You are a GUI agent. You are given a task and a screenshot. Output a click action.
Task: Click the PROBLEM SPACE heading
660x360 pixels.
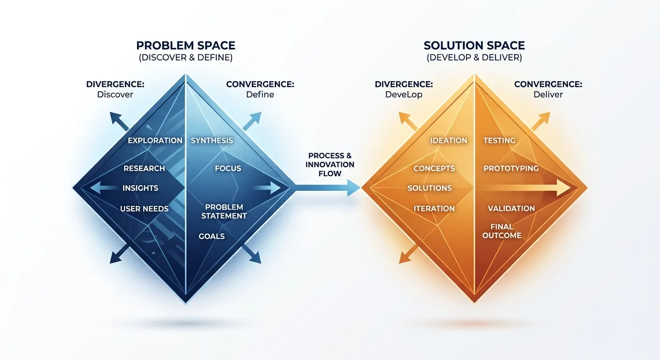point(186,45)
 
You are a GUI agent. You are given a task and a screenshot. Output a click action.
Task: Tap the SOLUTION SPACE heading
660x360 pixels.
point(474,45)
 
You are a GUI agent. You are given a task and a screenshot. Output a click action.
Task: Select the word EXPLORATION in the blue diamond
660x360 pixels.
point(155,140)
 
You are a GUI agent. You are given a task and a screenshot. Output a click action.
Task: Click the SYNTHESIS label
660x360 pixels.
point(211,140)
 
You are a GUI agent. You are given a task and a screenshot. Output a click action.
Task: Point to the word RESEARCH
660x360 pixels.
point(144,168)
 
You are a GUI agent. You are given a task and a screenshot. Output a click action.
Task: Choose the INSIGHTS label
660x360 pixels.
point(140,188)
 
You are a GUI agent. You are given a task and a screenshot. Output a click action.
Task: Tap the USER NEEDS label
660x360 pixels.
point(144,209)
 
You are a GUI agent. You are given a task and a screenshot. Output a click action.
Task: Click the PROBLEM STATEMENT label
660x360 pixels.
point(224,211)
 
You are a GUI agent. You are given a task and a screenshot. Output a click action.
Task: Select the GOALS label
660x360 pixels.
point(211,236)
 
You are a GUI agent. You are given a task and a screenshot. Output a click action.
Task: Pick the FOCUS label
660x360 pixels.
point(228,168)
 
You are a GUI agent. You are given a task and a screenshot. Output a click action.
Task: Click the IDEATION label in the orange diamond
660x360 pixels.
point(449,140)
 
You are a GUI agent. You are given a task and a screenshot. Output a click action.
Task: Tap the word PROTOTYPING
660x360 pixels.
point(511,168)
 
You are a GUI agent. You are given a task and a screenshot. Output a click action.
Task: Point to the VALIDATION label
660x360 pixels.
point(511,209)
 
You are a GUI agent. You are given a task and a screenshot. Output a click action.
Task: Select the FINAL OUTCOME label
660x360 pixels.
point(502,231)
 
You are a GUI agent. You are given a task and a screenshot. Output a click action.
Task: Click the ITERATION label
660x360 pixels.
point(434,209)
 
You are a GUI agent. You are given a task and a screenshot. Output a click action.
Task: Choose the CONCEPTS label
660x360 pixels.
point(434,168)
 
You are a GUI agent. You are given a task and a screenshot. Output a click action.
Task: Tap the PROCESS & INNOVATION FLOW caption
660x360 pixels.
point(330,165)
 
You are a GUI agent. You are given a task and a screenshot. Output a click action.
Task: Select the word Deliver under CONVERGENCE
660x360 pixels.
point(548,94)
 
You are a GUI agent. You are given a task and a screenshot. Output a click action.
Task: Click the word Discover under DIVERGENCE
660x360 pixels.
point(115,94)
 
